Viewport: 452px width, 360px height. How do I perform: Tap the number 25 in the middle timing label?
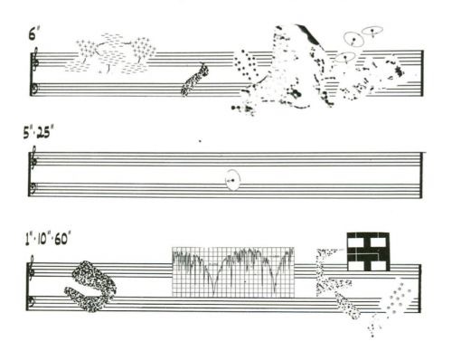coord(43,132)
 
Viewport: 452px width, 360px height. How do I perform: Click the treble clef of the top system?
coord(34,59)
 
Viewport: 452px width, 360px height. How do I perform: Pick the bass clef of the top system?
coord(34,90)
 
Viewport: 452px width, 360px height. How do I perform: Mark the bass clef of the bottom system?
coord(32,302)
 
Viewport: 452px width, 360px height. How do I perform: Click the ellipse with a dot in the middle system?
coord(233,180)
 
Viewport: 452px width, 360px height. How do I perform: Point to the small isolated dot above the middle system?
coord(200,140)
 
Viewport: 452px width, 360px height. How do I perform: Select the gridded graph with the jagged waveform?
coord(233,272)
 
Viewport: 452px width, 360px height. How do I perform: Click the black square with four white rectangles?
coord(368,251)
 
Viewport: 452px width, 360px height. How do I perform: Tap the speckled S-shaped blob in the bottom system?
coord(90,286)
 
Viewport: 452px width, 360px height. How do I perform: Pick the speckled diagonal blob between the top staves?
coord(195,80)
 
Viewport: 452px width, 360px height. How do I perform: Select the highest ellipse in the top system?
coord(372,31)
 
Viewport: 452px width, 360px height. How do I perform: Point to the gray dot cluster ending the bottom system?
coord(397,297)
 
